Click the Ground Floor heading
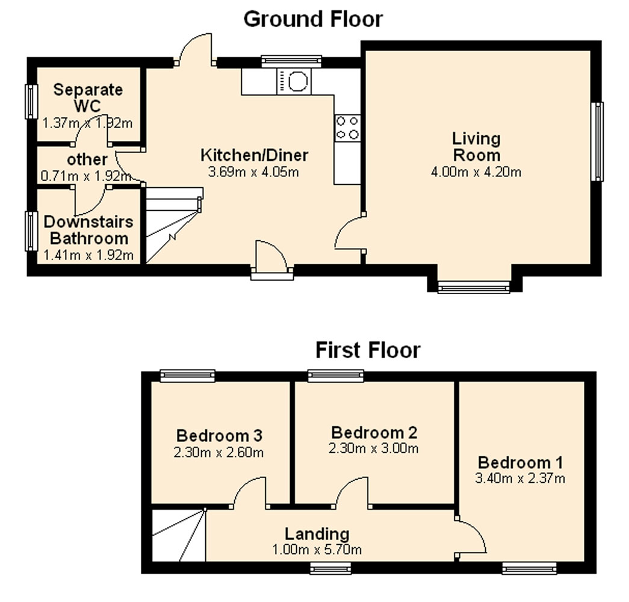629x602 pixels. coord(314,19)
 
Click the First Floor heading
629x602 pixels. coord(368,350)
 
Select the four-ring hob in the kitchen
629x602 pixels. coord(347,128)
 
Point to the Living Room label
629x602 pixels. coord(477,146)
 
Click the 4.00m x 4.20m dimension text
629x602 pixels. coord(476,172)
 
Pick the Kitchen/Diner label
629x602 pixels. coord(255,155)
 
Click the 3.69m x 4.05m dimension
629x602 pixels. coord(253,172)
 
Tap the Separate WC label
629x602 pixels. coord(88,98)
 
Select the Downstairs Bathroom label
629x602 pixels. coord(88,230)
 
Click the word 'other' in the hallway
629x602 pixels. coord(87,160)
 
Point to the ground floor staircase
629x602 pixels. coord(173,225)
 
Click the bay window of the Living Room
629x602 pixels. coord(474,287)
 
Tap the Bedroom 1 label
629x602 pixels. coord(520,462)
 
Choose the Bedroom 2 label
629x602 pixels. coord(374,432)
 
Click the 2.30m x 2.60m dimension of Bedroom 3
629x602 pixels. coord(218,453)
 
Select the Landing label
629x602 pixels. coord(317,534)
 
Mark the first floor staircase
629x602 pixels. coord(179,535)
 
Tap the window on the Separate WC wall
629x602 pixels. coord(31,102)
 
